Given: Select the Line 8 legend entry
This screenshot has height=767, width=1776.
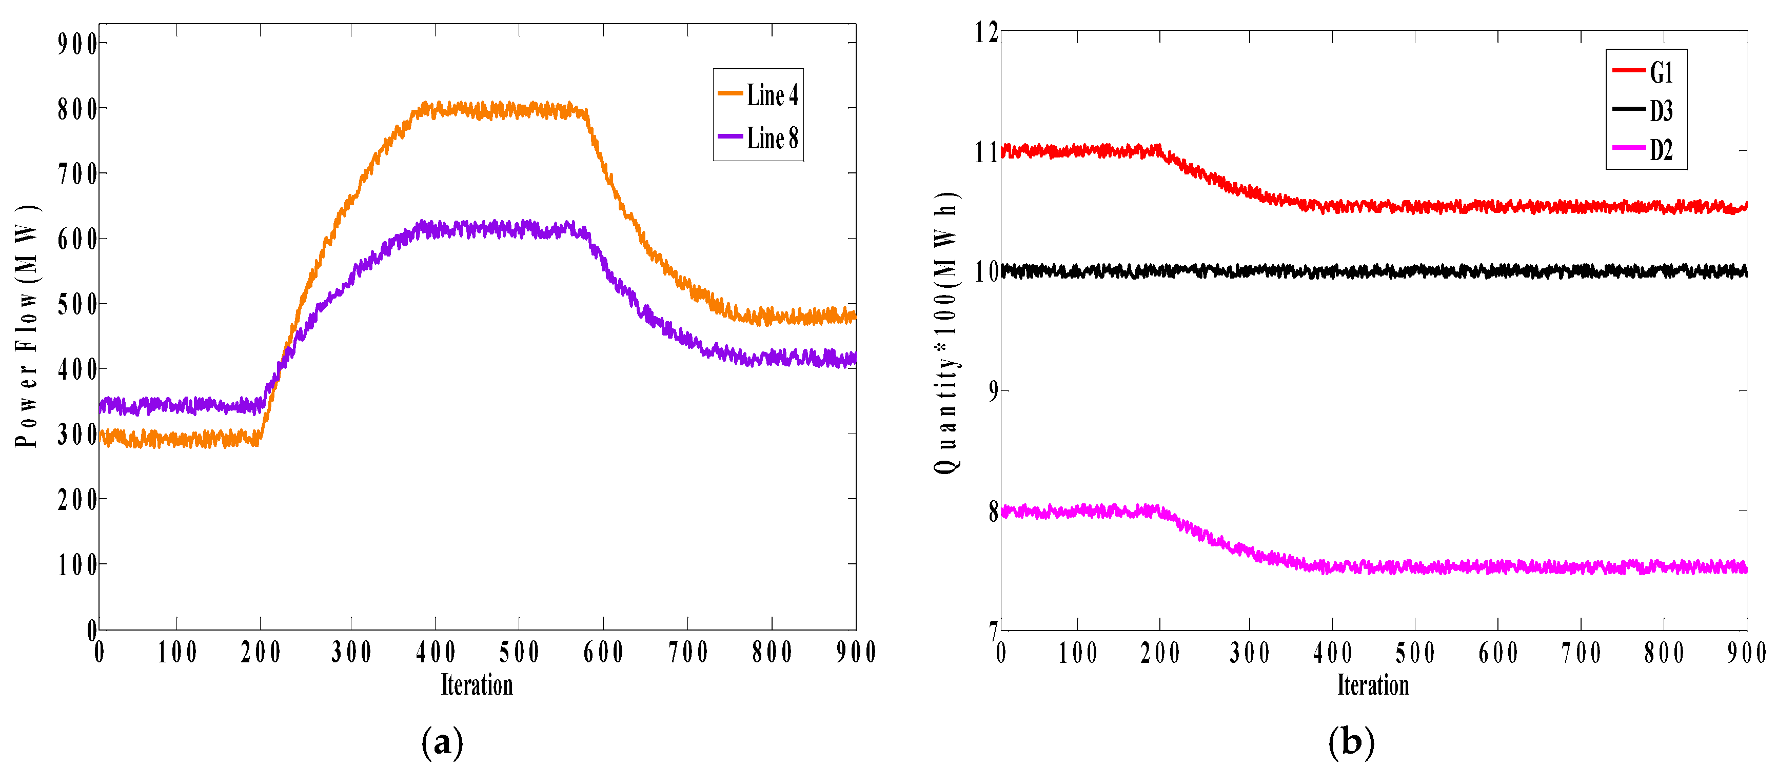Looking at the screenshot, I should pos(758,138).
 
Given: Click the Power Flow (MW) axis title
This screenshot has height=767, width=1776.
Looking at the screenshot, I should pos(26,326).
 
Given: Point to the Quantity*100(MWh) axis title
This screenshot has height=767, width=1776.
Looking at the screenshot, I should pos(946,332).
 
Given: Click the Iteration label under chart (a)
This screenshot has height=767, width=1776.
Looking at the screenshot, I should pos(477,685).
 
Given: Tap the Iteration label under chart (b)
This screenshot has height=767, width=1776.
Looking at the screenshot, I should pos(1373,685).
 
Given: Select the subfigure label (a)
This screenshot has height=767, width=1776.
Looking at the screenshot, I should pos(442,742).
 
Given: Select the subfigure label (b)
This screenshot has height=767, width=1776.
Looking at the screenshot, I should pos(1351,742).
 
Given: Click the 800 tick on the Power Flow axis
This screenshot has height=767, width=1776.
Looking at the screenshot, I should pos(77,109).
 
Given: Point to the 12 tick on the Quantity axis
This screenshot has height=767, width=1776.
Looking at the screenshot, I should pos(986,32).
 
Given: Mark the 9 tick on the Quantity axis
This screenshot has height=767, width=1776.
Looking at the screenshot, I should pos(992,391).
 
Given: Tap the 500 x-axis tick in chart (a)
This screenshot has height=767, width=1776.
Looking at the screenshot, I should pos(519,652).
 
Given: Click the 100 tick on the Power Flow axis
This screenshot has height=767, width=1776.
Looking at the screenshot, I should pos(77,565).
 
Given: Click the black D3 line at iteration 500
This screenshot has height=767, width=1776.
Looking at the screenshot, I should pos(1415,271).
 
